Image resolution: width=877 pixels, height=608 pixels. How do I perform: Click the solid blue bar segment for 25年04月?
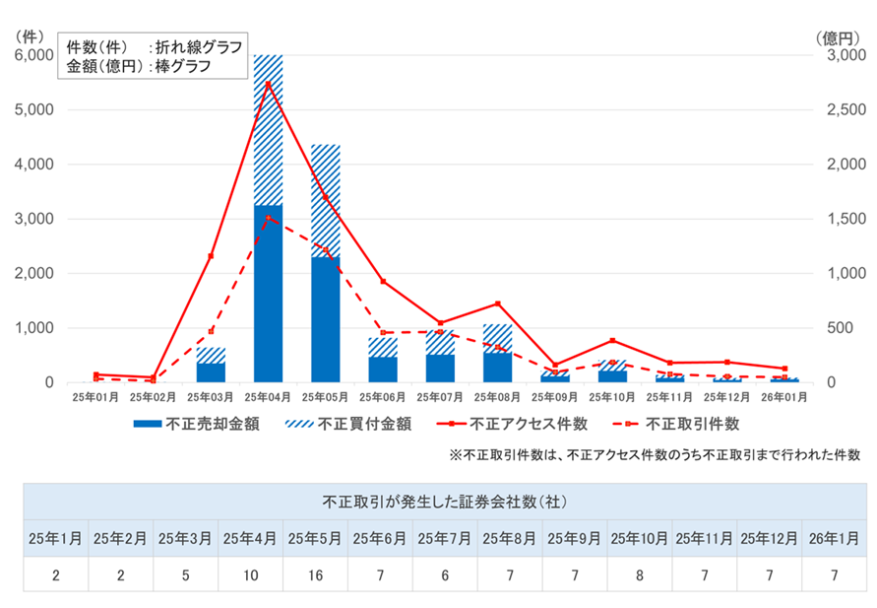click(268, 294)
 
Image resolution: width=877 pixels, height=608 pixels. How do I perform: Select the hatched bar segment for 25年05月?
click(326, 201)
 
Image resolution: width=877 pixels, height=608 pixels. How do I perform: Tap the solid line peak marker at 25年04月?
click(269, 83)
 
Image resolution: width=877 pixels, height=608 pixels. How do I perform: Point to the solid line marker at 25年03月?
click(211, 256)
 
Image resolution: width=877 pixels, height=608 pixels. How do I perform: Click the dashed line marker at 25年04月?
click(269, 218)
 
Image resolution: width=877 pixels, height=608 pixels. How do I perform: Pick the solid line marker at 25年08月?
click(498, 304)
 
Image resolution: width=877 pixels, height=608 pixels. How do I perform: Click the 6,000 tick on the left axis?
click(35, 55)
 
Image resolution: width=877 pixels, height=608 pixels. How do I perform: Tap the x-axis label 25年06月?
click(383, 397)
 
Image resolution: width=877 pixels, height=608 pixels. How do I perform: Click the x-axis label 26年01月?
click(785, 397)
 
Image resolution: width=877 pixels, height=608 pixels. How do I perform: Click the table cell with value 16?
click(315, 574)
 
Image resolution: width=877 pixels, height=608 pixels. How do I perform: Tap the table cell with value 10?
click(250, 574)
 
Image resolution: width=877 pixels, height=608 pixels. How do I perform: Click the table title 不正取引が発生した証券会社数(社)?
click(444, 502)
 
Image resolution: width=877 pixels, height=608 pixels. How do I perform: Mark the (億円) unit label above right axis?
click(840, 37)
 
